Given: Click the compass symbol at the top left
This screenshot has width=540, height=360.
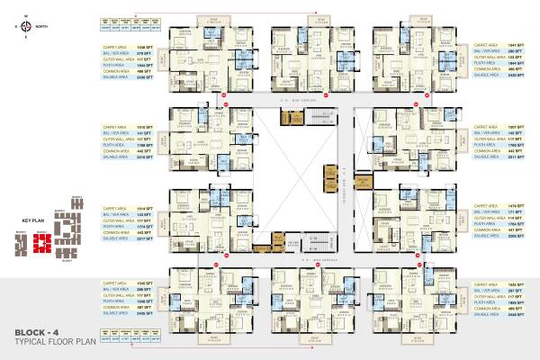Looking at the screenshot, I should point(25,26).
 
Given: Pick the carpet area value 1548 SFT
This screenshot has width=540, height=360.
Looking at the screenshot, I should point(142,43).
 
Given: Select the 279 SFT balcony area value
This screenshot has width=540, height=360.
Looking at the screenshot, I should point(142,50).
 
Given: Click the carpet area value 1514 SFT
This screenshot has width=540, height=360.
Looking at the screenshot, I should point(142,206).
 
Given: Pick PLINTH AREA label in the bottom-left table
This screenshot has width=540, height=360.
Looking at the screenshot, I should point(115,302).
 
